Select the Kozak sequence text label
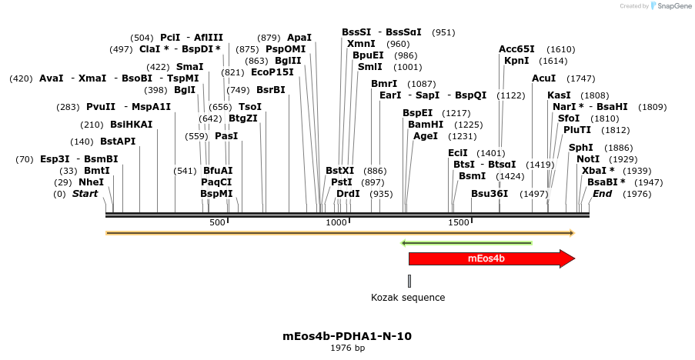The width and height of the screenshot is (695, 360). pos(408,298)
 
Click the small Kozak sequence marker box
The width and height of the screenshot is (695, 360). pos(409,281)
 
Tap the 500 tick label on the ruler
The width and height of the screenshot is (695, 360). pos(217,222)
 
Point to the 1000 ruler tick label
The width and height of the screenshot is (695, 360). pos(336,222)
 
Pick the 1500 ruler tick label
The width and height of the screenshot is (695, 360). pos(459,222)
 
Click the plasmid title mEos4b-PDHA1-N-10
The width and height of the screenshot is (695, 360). pos(347,336)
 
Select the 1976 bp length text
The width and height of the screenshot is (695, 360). pos(347,348)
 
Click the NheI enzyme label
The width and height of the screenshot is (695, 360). pos(91,182)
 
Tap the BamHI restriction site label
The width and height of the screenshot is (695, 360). pos(426,125)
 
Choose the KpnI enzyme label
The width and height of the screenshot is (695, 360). pos(516,61)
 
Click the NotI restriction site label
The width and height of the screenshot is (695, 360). pos(588,159)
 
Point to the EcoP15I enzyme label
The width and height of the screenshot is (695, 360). pos(272,72)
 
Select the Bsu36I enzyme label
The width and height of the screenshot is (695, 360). pos(490,194)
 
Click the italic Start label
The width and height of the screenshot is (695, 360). pos(85,194)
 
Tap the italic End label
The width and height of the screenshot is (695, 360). pos(602,194)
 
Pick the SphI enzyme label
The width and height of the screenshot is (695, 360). pos(581,148)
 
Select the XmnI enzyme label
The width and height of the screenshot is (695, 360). pos(361,44)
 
